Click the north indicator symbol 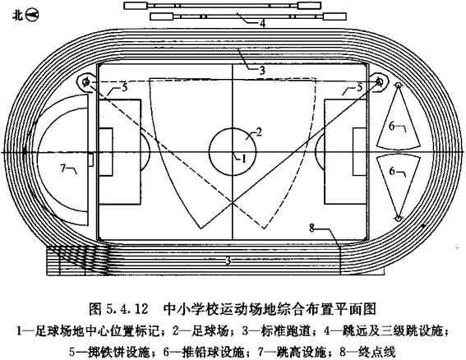click(32, 16)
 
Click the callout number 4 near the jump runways click(262, 23)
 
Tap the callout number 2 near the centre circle click(259, 132)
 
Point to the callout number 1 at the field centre click(244, 159)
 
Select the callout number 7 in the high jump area click(62, 168)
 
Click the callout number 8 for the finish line click(311, 228)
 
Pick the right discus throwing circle click(379, 81)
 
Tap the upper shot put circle click(398, 85)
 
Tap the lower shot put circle click(398, 218)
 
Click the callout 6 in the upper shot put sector click(392, 127)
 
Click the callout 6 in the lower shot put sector click(392, 171)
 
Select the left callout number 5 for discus click(125, 87)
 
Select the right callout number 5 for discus click(360, 87)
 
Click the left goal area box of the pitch click(106, 152)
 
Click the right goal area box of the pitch click(360, 152)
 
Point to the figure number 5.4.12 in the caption click(127, 310)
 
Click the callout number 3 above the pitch click(262, 71)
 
